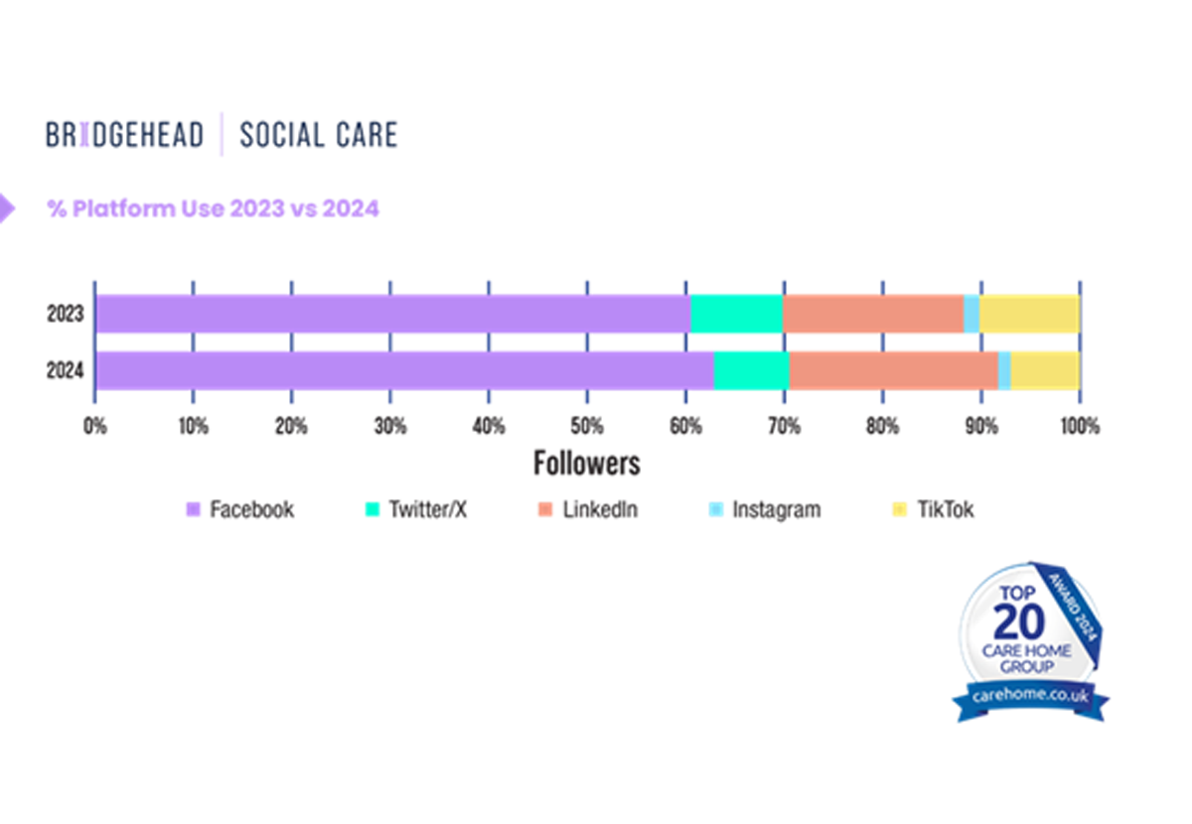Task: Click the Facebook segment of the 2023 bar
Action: coord(392,314)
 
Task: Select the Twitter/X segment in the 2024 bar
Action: coord(751,370)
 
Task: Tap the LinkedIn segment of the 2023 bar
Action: coord(873,314)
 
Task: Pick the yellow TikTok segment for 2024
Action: coord(1045,370)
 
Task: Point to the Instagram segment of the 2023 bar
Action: coord(971,314)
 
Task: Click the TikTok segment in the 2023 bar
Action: coord(1029,314)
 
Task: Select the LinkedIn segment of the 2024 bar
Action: coord(894,370)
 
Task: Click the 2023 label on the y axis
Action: coord(65,315)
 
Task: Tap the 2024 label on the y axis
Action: coord(65,371)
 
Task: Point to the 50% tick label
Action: coord(587,427)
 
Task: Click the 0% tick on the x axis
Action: coord(95,427)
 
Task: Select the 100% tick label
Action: coord(1080,427)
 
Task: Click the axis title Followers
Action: coord(587,464)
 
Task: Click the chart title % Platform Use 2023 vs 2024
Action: coord(214,209)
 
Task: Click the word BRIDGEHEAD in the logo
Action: coord(124,134)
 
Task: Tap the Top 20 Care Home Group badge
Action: coord(1031,640)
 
